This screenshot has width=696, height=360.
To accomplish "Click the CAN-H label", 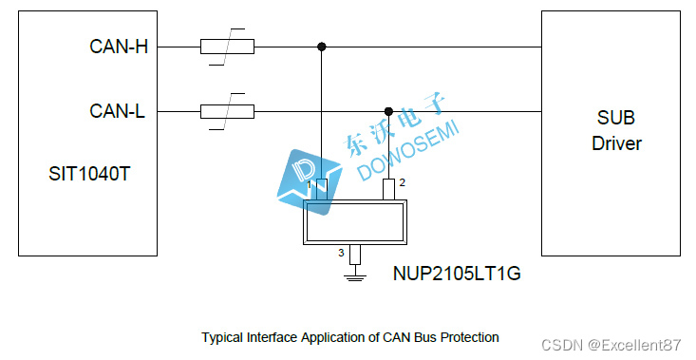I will (x=119, y=47).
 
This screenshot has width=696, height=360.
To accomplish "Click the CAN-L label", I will (x=118, y=112).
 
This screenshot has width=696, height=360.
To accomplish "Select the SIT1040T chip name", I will (x=86, y=174).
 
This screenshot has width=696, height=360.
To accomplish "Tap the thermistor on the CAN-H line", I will (x=227, y=47).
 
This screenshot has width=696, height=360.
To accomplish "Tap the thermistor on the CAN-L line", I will (x=227, y=112).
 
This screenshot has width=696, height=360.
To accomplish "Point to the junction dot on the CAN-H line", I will (x=322, y=47).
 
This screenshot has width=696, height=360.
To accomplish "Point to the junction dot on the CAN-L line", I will (x=388, y=112).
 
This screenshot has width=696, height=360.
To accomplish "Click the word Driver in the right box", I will (x=616, y=144).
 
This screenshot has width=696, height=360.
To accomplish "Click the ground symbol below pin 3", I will (x=355, y=275).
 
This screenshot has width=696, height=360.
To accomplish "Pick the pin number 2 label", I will (x=403, y=182).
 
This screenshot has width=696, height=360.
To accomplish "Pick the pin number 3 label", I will (x=342, y=253).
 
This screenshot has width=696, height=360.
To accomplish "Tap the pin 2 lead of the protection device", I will (x=388, y=190).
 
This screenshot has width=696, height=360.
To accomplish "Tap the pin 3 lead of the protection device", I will (x=355, y=255).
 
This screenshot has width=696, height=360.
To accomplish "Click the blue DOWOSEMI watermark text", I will (x=408, y=152).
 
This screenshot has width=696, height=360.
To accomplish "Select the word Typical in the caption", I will (x=222, y=337).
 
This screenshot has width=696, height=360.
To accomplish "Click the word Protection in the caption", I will (x=468, y=337).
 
